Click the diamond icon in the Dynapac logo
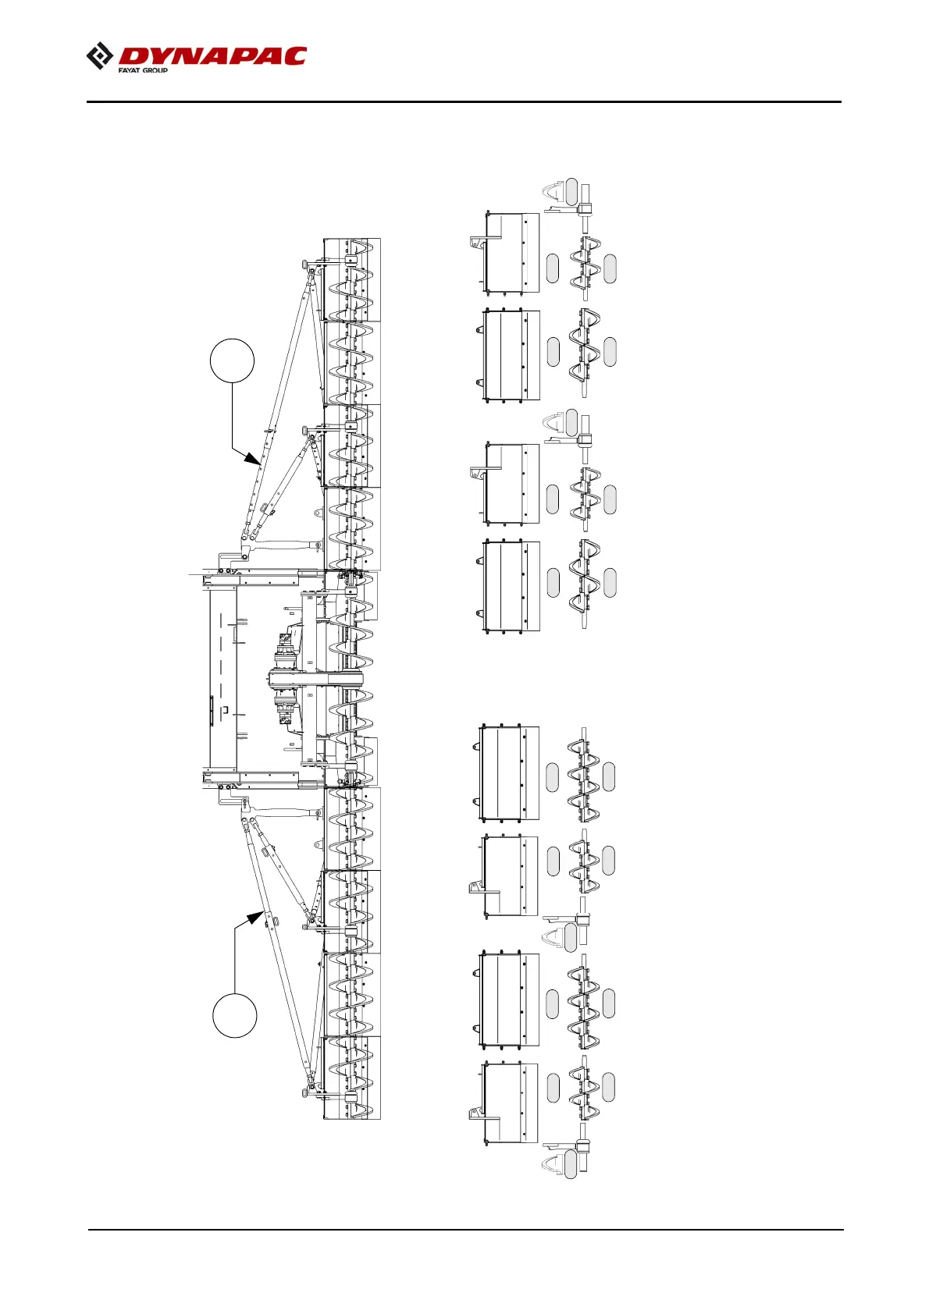pyautogui.click(x=99, y=56)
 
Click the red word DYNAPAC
pyautogui.click(x=212, y=56)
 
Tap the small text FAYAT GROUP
pyautogui.click(x=143, y=70)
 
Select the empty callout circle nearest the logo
pyautogui.click(x=232, y=360)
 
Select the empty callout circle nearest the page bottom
pyautogui.click(x=235, y=1015)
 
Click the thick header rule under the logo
pyautogui.click(x=464, y=101)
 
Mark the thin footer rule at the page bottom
pyautogui.click(x=465, y=1231)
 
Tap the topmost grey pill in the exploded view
pyautogui.click(x=571, y=191)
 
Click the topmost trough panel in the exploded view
pyautogui.click(x=512, y=253)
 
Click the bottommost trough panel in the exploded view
pyautogui.click(x=511, y=1102)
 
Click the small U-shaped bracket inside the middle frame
pyautogui.click(x=226, y=710)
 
